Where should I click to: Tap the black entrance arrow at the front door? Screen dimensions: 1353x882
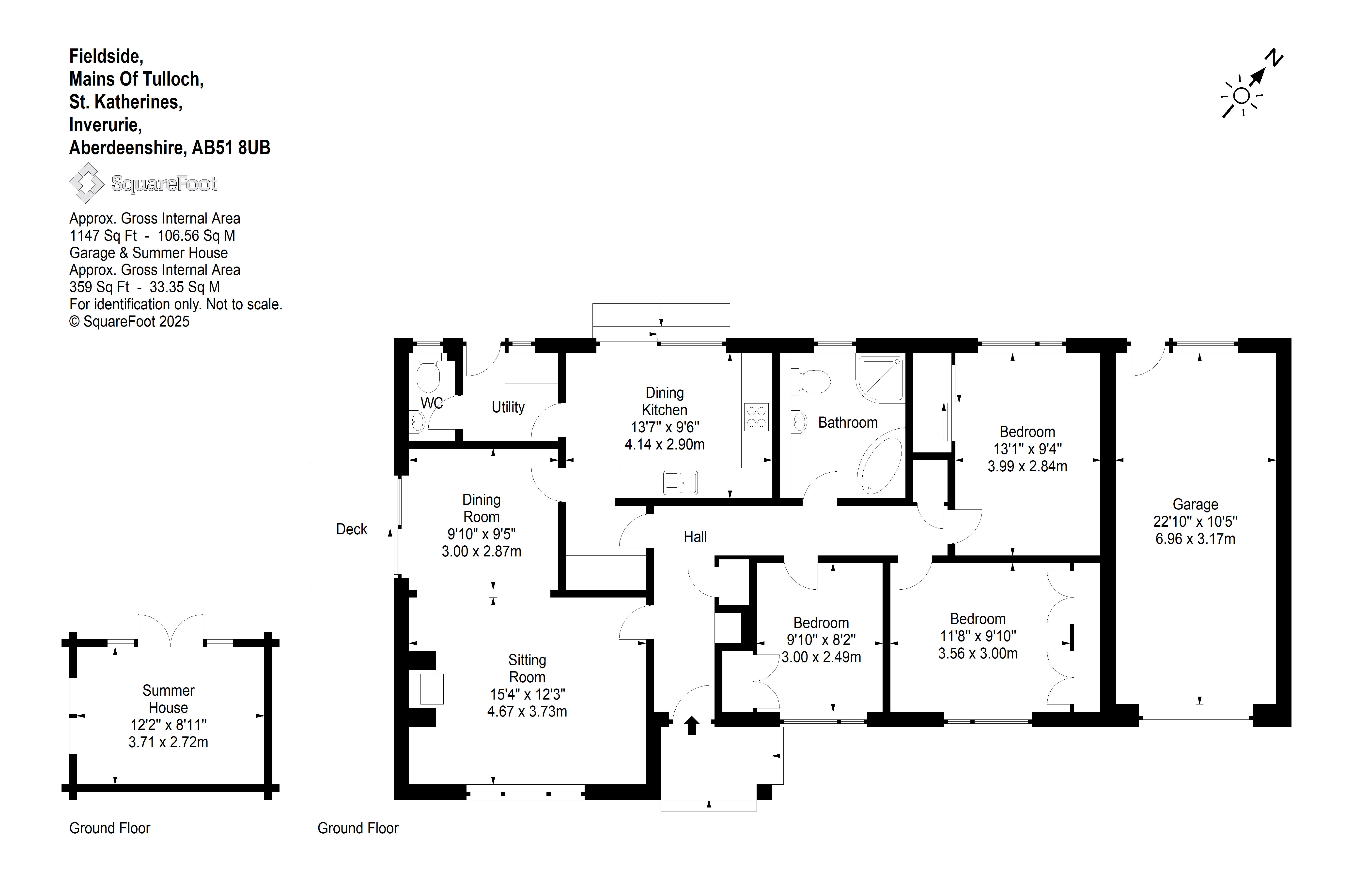coord(692,726)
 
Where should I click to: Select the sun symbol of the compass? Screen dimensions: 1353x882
coord(1242,96)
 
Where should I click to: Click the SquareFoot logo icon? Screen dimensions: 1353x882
coord(86,183)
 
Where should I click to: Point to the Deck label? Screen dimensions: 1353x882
coord(352,529)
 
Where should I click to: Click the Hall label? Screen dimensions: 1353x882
coord(695,537)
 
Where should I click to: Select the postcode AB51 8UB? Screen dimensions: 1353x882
coord(231,148)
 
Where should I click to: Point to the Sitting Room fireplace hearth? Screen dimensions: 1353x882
coord(432,689)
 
